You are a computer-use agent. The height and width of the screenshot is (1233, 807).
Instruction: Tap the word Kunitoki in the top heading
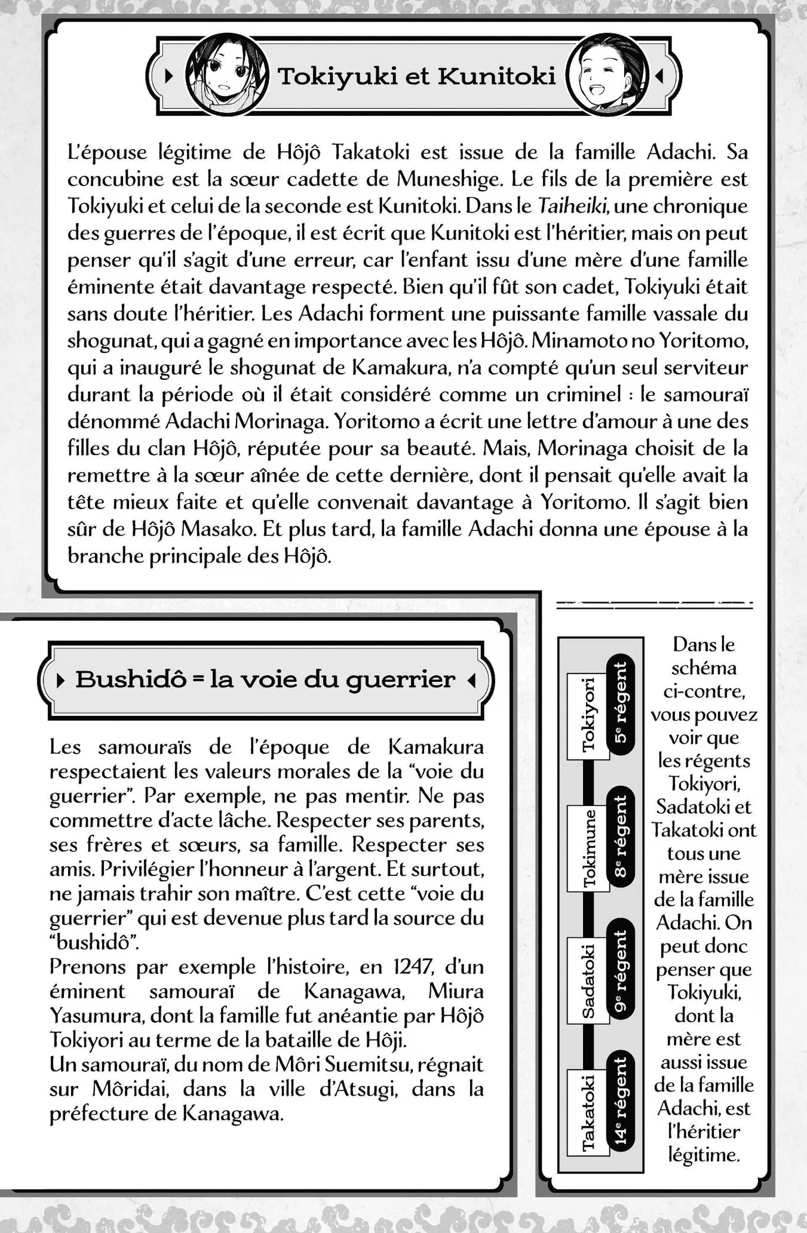point(496,76)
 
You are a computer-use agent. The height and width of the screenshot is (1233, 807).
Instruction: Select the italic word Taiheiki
point(572,206)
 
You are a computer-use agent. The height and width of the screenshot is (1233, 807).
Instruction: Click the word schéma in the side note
point(703,668)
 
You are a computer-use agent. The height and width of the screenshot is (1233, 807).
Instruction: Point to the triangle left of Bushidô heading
point(61,680)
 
